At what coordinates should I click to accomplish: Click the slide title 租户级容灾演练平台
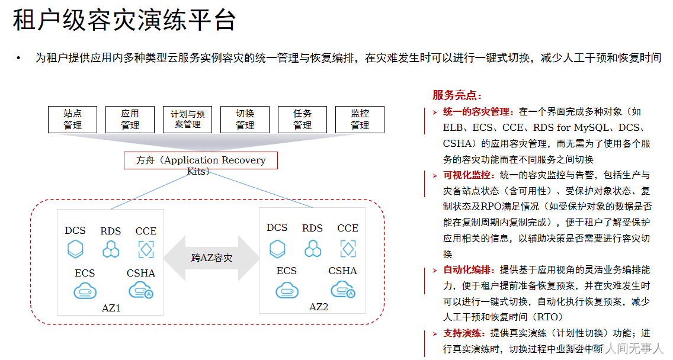124,20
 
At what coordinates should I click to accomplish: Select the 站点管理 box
73,119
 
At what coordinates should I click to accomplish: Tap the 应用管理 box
130,119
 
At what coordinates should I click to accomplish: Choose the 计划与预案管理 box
187,119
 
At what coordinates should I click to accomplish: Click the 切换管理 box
245,119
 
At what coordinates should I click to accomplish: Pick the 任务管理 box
302,119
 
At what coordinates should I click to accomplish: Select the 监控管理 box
360,119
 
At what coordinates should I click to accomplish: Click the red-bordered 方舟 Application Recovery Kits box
200,160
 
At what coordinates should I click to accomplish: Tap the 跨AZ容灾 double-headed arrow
211,258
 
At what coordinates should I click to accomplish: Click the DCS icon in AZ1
75,249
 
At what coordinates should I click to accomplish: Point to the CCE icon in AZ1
146,249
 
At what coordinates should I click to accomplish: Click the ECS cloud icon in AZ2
287,290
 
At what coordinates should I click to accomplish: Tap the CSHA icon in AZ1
141,290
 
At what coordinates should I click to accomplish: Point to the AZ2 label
318,307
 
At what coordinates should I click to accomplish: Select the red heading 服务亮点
457,95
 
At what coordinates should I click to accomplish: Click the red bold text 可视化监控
467,175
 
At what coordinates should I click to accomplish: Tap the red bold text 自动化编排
467,270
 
